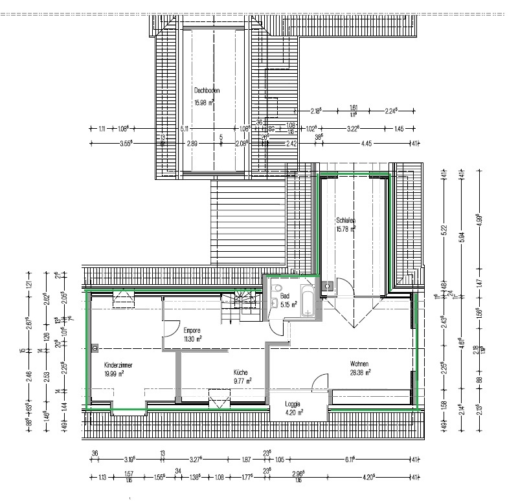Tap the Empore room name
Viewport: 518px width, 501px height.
[x=192, y=329]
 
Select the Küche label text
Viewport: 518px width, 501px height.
[x=241, y=373]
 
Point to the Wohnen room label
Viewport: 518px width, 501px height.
[x=358, y=364]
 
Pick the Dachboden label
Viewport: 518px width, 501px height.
[x=207, y=91]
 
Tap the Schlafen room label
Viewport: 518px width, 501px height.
[x=346, y=220]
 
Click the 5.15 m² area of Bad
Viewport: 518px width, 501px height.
[x=288, y=304]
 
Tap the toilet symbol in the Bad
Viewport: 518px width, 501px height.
[x=277, y=289]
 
